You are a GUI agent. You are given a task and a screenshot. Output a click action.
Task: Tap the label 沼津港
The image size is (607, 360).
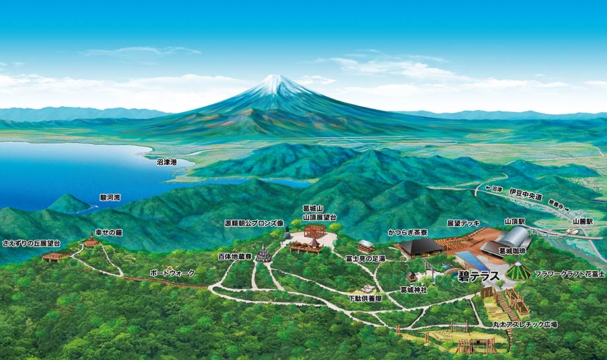(x=167, y=161)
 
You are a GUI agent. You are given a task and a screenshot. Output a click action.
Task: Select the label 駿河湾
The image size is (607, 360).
(x=110, y=197)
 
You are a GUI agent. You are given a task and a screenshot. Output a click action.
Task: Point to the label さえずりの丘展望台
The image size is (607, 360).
(x=31, y=243)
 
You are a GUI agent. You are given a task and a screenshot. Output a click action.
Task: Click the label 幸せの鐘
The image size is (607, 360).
(x=109, y=231)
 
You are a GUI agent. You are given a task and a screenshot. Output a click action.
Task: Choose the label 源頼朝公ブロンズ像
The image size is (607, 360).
(x=254, y=223)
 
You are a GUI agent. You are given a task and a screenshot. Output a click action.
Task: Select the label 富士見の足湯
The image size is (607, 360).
(x=364, y=259)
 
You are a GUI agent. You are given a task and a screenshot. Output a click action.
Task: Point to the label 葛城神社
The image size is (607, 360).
(x=415, y=289)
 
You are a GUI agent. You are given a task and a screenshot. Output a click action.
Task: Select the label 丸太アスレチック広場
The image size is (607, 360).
(x=525, y=324)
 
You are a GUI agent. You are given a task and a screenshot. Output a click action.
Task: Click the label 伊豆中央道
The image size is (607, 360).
(x=525, y=196)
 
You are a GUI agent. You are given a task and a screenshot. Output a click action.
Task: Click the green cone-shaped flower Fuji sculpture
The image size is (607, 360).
(x=519, y=271)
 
